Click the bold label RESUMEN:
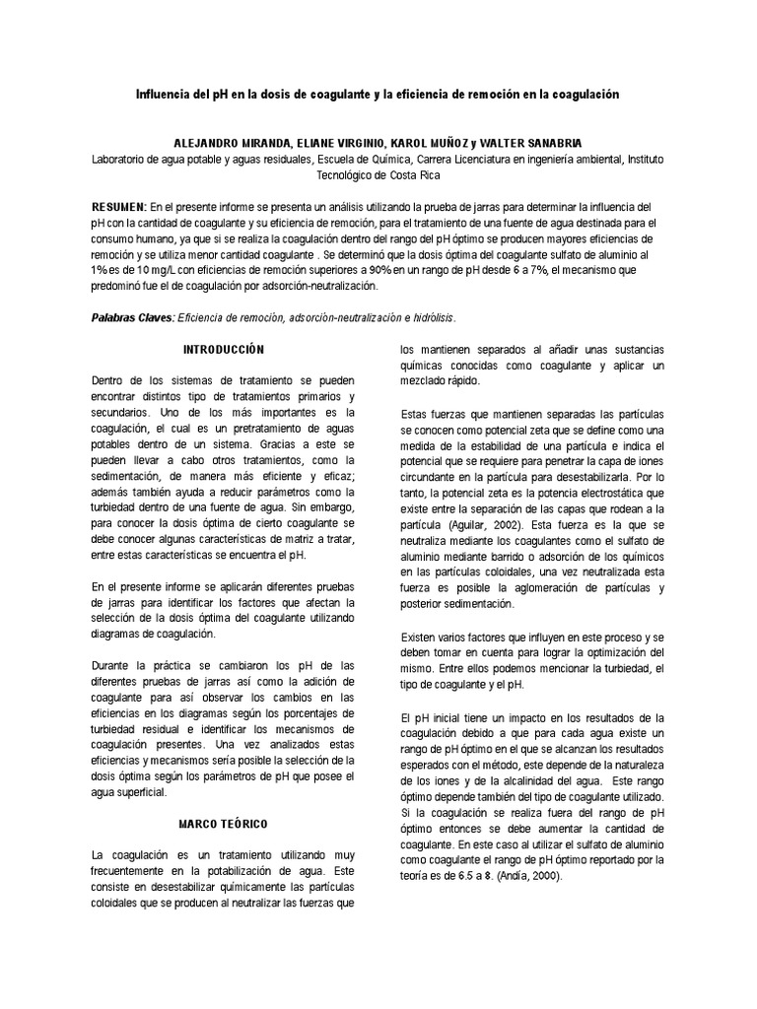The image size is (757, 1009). (x=118, y=207)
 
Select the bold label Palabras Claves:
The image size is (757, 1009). (x=132, y=317)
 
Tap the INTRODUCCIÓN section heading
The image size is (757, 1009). (x=225, y=349)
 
